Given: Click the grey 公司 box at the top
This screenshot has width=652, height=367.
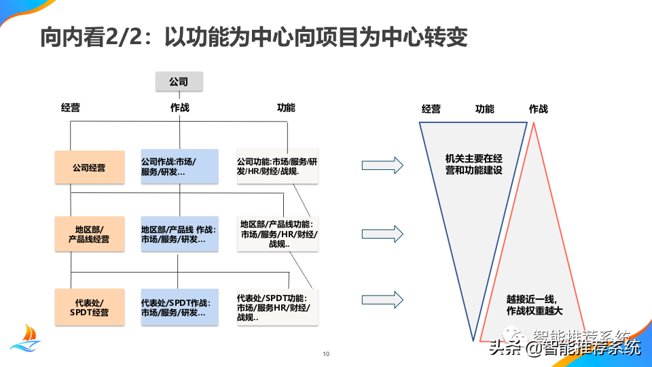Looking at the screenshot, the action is click(x=179, y=81).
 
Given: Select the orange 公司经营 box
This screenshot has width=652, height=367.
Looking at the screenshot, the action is click(x=90, y=167).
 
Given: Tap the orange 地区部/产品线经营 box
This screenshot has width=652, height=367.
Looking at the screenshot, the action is click(x=90, y=234).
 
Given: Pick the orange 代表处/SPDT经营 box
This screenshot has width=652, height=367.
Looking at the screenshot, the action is click(x=90, y=307).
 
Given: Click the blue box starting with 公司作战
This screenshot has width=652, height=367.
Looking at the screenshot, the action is click(x=179, y=167).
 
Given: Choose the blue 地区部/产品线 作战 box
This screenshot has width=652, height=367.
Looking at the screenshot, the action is click(x=179, y=234).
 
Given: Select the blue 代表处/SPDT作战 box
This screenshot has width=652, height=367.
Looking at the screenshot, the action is click(x=179, y=307).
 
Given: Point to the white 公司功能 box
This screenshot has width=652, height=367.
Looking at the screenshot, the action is click(x=277, y=167).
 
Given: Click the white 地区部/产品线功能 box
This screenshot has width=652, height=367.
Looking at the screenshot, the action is click(x=278, y=234).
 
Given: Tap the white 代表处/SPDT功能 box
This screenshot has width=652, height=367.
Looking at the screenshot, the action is click(x=277, y=307).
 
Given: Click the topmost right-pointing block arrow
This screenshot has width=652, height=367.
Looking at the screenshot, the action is click(x=382, y=166).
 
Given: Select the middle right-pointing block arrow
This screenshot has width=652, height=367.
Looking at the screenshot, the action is click(x=382, y=234).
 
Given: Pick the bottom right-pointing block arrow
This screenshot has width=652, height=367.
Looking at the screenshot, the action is click(x=382, y=300).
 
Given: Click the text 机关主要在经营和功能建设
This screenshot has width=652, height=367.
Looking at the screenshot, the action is click(x=473, y=164).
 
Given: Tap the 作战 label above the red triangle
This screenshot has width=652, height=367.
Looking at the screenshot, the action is click(x=538, y=109).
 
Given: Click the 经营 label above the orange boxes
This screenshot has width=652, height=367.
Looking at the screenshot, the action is click(x=70, y=108).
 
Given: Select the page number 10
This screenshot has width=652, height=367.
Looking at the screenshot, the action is click(x=326, y=354).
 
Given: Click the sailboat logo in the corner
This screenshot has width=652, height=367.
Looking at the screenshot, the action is click(x=26, y=338).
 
